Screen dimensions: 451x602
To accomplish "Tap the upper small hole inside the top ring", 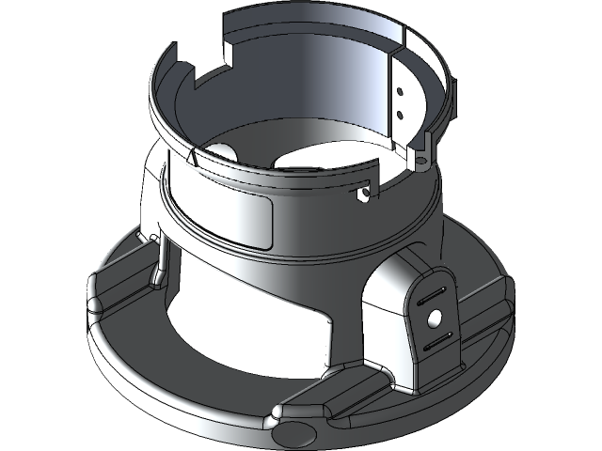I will tap(400, 92).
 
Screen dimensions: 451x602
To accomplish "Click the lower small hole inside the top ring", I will tap(401, 114).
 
